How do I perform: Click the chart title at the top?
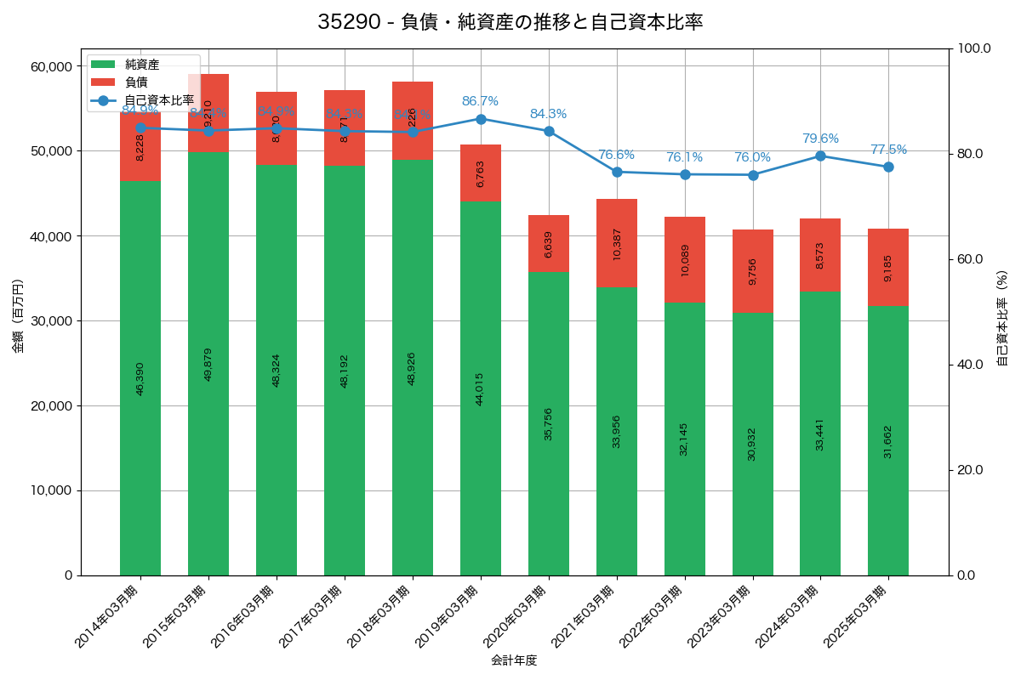510,22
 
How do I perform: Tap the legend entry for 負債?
136,82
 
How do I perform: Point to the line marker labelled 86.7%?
481,119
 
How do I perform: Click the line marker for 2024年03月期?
820,156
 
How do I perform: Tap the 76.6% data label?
616,155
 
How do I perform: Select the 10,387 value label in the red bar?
617,243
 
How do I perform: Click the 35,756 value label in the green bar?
549,423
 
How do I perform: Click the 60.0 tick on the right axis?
969,259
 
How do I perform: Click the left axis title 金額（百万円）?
18,316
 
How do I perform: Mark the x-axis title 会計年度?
514,660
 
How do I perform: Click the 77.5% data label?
888,150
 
